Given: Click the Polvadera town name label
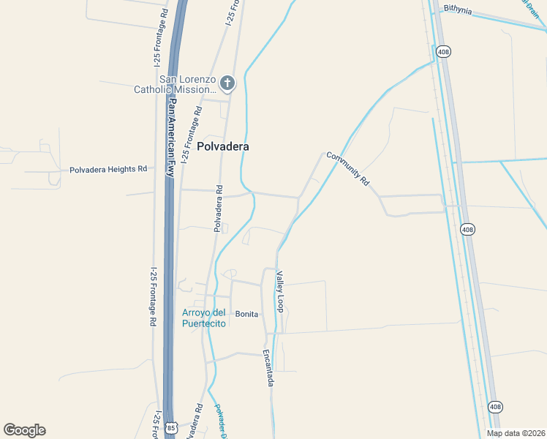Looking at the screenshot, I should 223,146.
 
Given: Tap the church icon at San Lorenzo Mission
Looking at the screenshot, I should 227,82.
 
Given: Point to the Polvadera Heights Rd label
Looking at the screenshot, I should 108,169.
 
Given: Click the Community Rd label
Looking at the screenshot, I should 348,168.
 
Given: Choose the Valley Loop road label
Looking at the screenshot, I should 279,291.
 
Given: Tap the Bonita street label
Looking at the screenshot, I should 246,314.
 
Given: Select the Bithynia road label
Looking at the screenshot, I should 457,11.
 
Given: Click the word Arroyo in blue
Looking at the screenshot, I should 195,314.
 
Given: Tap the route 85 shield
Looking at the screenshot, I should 171,427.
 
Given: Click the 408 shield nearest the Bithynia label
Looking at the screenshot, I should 443,52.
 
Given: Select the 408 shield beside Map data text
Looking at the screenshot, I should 495,407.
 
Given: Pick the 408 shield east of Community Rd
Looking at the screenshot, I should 467,230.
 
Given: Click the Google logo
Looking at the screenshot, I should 24,430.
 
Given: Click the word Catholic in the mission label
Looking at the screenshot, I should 151,90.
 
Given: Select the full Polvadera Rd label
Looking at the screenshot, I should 218,209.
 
